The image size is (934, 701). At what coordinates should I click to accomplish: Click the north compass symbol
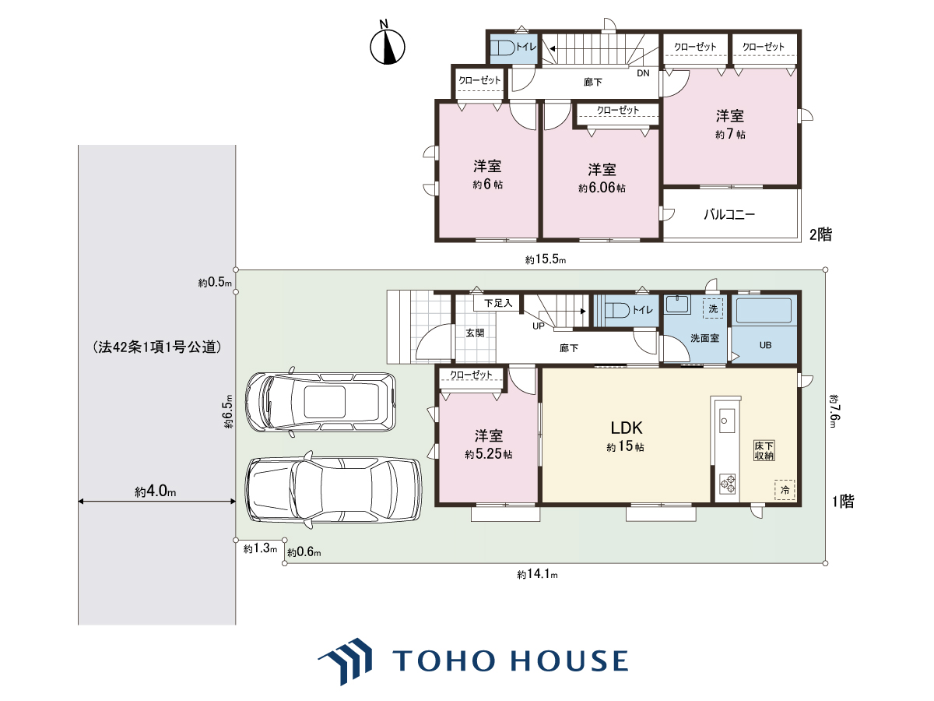click(x=387, y=44)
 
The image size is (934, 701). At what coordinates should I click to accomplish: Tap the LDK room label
click(x=627, y=428)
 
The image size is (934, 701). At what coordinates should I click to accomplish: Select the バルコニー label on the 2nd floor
click(x=729, y=214)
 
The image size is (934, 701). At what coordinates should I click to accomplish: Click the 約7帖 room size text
click(x=730, y=134)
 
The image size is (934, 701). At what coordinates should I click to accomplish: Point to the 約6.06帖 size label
click(x=602, y=188)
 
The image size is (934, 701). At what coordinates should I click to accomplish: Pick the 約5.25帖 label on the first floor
click(x=489, y=454)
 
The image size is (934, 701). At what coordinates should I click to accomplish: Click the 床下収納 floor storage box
click(x=764, y=451)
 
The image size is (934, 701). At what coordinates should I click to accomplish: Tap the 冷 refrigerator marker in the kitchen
click(x=785, y=490)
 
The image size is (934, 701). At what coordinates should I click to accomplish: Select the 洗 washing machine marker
click(x=713, y=308)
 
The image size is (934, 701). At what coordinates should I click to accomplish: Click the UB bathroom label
click(x=765, y=345)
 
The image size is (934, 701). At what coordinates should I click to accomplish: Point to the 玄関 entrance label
click(x=475, y=333)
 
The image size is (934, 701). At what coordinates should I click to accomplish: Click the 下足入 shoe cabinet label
click(x=498, y=303)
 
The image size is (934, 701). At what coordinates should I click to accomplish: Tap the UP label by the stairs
click(x=539, y=326)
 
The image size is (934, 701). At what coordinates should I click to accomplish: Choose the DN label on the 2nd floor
click(x=643, y=73)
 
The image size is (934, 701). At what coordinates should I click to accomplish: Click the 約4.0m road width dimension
click(x=156, y=491)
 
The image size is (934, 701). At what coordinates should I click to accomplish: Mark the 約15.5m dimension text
click(x=546, y=259)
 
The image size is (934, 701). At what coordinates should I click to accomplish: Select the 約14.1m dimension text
click(x=537, y=574)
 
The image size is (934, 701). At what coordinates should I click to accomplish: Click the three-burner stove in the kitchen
click(x=727, y=484)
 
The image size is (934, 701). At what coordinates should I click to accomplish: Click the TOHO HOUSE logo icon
click(x=346, y=660)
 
